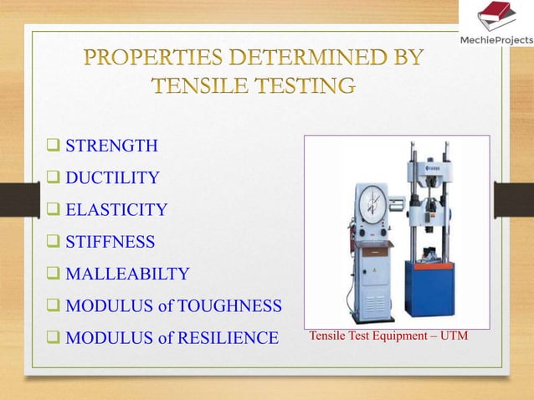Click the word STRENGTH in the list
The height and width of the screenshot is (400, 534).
point(111,146)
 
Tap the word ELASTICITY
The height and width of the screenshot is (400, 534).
point(116,210)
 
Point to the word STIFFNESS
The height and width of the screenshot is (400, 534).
point(110,242)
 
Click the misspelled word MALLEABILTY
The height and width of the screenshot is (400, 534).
point(127,274)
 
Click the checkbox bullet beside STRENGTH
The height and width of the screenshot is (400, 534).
point(54,146)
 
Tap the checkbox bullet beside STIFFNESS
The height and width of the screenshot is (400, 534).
point(54,242)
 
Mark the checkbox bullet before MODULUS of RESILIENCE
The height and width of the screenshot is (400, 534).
point(54,338)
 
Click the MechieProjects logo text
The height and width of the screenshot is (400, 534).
point(500,40)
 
